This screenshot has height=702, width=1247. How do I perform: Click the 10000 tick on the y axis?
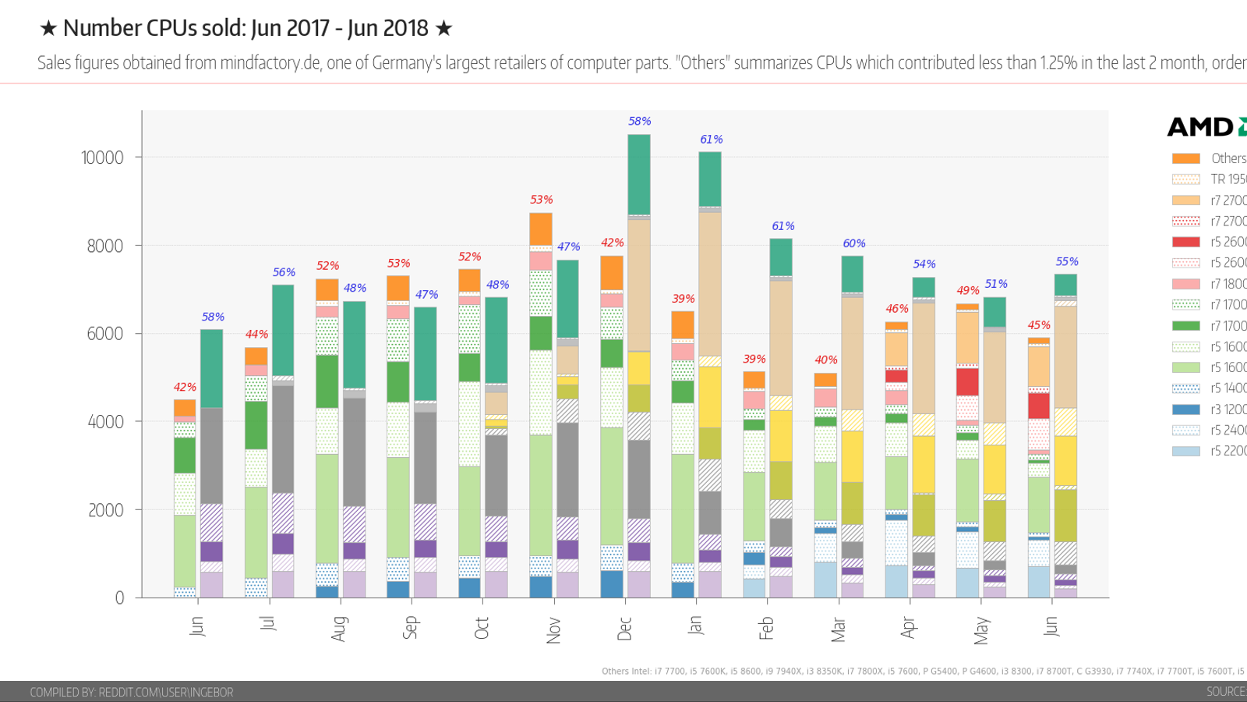pos(102,158)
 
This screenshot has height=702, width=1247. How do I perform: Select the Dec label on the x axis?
pos(624,629)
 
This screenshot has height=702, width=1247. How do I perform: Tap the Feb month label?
pos(767,628)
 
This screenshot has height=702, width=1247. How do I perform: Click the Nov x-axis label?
pos(553,630)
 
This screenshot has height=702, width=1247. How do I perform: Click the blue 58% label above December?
pos(639,121)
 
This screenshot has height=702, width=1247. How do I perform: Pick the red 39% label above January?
pos(684,299)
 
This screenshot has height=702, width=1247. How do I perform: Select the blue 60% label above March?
pos(854,243)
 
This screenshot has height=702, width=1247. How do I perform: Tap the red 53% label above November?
pos(541,200)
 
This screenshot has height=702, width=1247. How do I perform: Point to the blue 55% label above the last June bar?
pos(1067,261)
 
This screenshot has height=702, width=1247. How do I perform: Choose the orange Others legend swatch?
pos(1185,158)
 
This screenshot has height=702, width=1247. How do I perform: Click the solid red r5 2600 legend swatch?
pos(1185,242)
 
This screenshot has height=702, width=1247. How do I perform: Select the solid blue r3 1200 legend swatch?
pos(1185,409)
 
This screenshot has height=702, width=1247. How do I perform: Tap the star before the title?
pos(48,29)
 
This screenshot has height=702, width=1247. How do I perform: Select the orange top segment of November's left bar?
pos(541,229)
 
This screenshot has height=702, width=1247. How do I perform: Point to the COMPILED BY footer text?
pos(131,692)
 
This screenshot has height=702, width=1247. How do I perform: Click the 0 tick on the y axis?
pos(119,598)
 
